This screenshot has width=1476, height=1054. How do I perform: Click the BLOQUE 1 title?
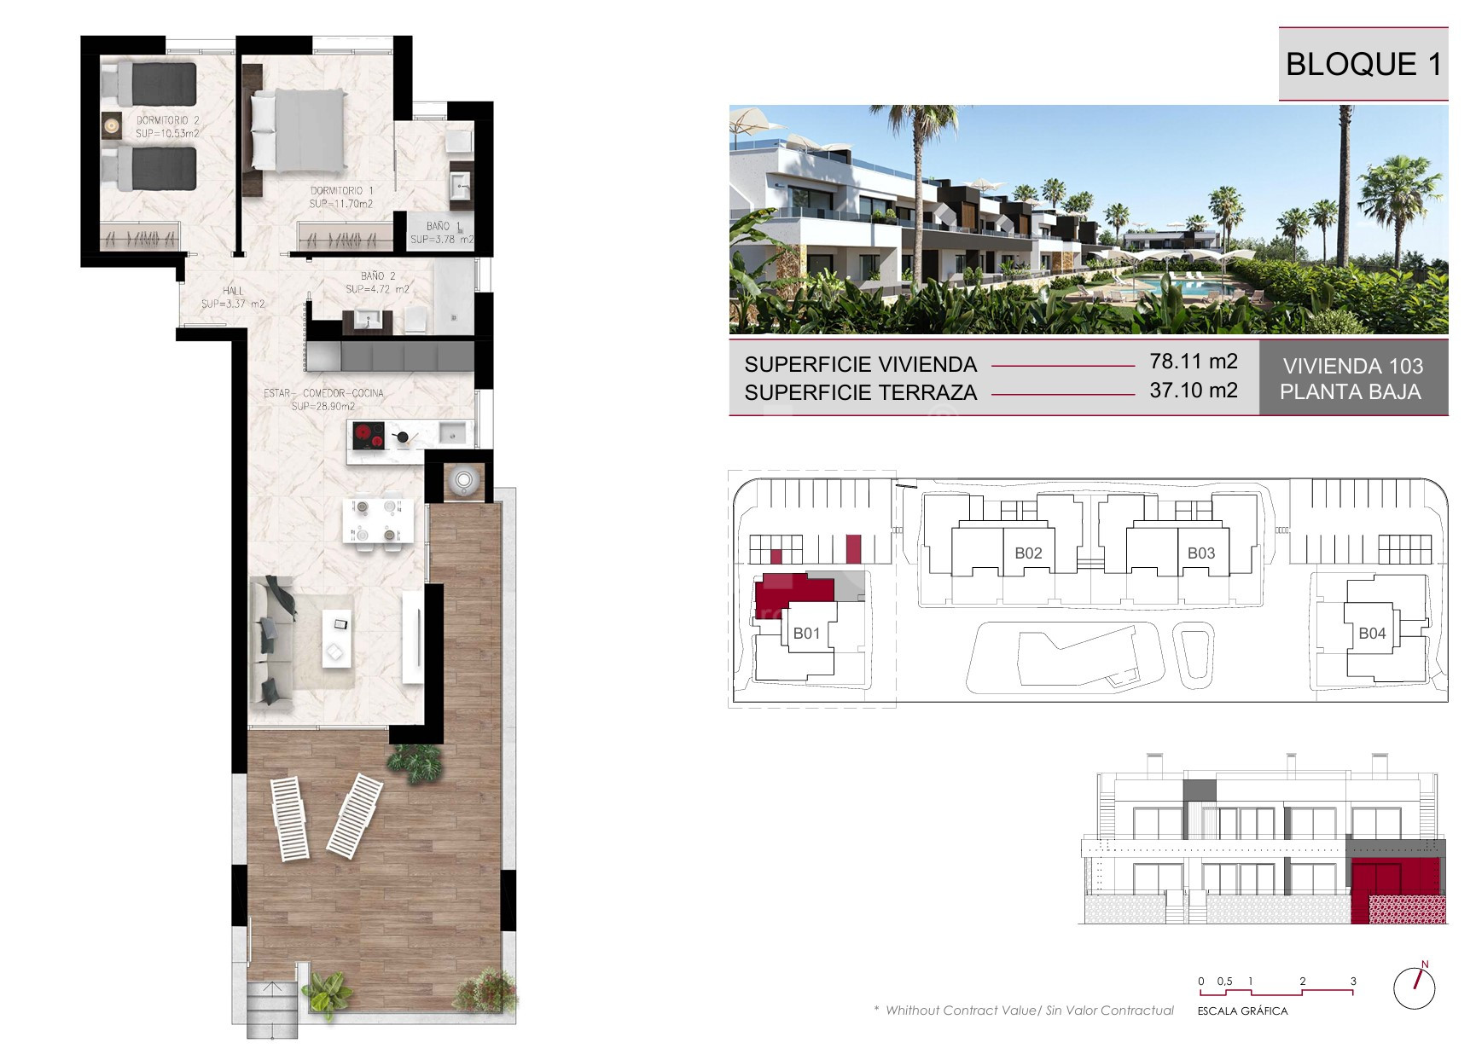point(1363,65)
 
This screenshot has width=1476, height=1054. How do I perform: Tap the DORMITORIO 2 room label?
point(167,121)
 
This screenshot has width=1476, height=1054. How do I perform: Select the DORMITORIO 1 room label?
point(341,191)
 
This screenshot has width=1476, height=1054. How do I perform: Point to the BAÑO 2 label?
point(378,276)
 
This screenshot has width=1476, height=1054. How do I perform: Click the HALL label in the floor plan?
point(233,291)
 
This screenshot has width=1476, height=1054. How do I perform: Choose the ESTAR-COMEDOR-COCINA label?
point(323,393)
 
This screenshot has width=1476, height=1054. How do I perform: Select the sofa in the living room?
point(271,640)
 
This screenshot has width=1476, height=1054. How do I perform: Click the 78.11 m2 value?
point(1193,362)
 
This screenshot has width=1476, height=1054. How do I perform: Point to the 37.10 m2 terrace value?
point(1193,391)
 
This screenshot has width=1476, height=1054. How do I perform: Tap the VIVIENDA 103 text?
point(1353,367)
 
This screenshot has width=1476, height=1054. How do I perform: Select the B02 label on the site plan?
point(1028,553)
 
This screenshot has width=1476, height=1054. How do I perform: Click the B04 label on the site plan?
point(1372,634)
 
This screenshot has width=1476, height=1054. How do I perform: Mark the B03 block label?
point(1200,553)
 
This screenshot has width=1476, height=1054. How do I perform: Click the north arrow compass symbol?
point(1415,988)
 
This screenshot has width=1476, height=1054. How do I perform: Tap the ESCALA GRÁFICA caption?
point(1242,1011)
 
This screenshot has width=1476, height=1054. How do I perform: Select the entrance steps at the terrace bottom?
point(273,1010)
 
